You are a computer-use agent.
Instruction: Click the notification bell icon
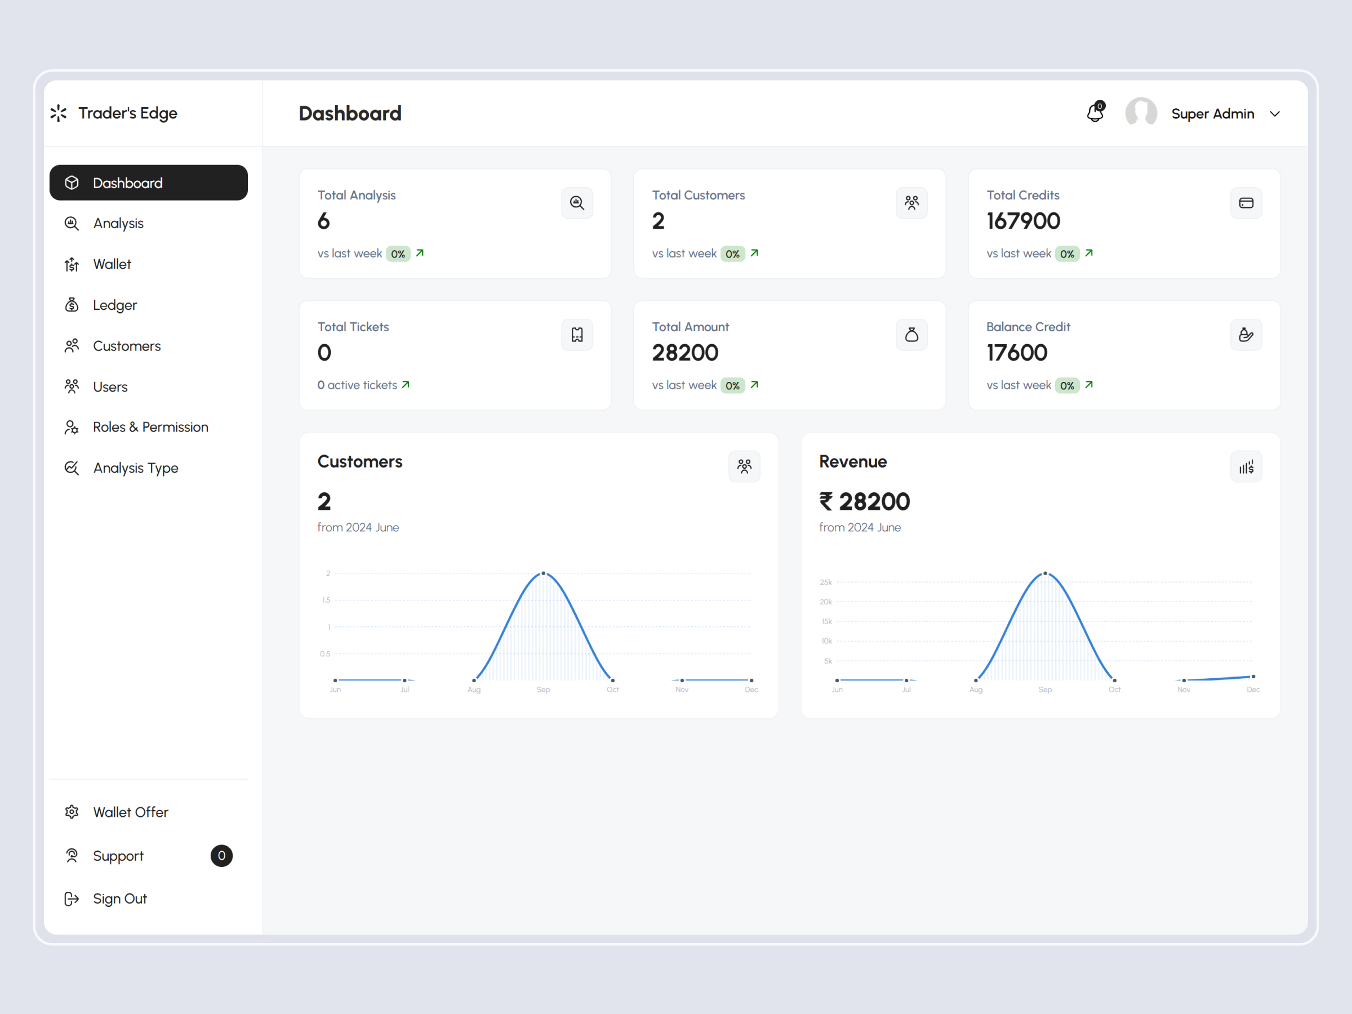pos(1095,113)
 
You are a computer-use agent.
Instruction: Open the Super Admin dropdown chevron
pos(1274,114)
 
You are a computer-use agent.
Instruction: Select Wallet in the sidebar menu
pos(112,264)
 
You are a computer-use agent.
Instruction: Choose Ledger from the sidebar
pos(114,305)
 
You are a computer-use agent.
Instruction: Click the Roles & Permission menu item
pos(150,427)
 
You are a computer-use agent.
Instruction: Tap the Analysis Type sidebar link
pos(135,468)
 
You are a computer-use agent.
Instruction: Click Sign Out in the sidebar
pos(119,899)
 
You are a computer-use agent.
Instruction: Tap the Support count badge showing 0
pos(221,856)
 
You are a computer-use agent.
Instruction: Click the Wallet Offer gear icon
pos(72,812)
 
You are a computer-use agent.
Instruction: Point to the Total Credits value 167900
pos(1023,221)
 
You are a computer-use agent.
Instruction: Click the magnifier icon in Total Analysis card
pos(577,203)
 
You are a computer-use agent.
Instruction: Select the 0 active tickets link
pos(363,385)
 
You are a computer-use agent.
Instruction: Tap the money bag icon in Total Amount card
pos(911,335)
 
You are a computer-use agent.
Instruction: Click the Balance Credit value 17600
pos(1016,353)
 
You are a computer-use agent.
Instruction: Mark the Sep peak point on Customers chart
pos(544,573)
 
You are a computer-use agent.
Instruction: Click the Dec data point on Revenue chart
pos(1253,677)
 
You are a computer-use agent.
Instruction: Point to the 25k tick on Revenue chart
pos(826,582)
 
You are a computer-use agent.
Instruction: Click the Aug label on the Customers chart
pos(474,690)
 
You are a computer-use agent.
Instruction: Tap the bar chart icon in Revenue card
pos(1246,468)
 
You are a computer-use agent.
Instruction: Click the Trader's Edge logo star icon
pos(59,113)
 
